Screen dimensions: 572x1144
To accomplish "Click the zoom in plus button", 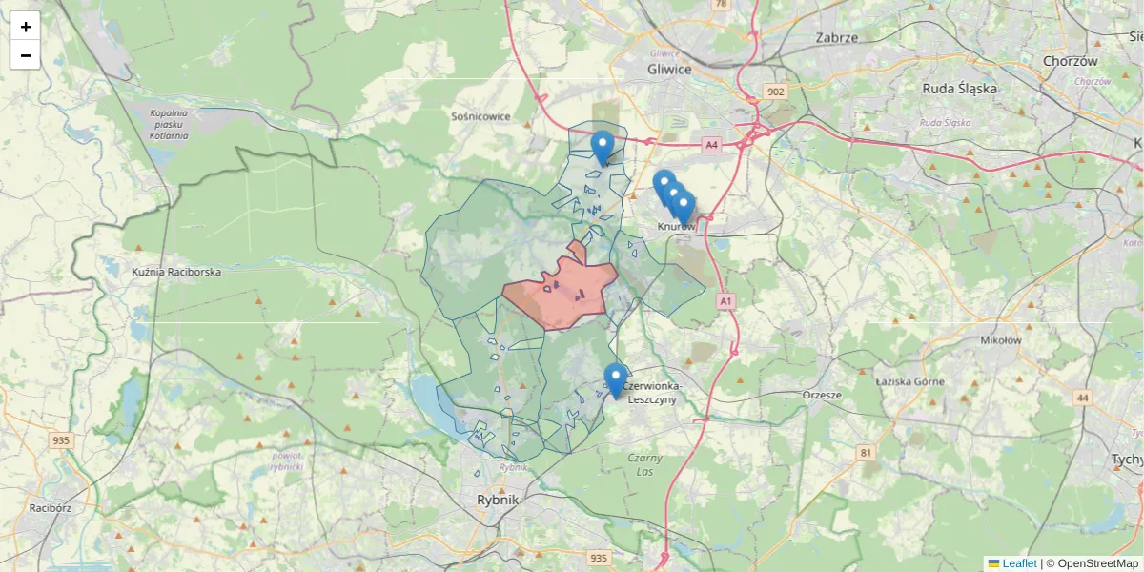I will click(x=26, y=27).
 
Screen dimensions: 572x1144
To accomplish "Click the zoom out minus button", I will click(x=26, y=55).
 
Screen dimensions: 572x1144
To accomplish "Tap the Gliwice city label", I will click(x=668, y=70).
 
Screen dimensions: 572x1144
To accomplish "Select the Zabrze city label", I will click(x=837, y=38).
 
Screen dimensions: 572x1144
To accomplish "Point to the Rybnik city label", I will click(x=498, y=500).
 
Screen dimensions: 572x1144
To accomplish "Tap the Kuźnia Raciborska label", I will click(x=176, y=273).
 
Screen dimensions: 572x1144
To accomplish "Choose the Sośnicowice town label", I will click(x=480, y=116).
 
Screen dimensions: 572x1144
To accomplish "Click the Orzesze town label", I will click(x=822, y=395).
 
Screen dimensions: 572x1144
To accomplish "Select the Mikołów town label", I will click(x=1001, y=339).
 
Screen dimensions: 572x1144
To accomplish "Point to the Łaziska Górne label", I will click(x=909, y=381).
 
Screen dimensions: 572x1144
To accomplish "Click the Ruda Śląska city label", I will click(x=959, y=89).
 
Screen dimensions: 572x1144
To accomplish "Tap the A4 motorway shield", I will click(x=711, y=145).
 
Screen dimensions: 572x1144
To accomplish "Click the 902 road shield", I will click(x=775, y=92).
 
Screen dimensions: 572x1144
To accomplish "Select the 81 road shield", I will click(x=866, y=452).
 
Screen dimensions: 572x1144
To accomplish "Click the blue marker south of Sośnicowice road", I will click(x=602, y=148).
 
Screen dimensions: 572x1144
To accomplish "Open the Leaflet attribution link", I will click(x=1018, y=563).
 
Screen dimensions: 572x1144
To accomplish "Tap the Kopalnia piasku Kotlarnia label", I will click(x=169, y=124).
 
